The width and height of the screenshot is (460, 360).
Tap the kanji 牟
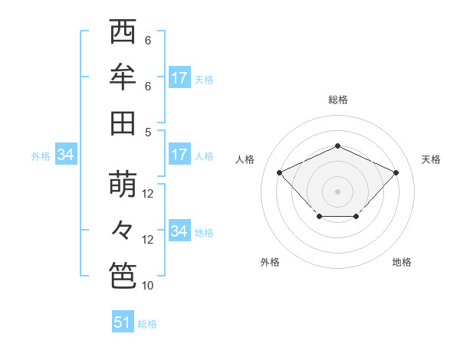123,78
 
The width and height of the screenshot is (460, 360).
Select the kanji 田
123,123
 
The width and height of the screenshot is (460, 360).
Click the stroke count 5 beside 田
148,132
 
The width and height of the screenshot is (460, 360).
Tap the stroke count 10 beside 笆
148,286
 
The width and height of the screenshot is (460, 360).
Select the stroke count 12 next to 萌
149,194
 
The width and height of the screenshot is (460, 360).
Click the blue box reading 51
123,322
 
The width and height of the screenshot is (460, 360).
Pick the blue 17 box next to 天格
179,78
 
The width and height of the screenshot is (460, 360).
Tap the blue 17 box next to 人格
179,155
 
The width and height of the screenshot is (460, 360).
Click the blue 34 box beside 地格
179,231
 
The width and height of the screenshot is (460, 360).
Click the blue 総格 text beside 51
147,324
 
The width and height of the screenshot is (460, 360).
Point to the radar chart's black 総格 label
337,100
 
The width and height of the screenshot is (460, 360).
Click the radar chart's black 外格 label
270,262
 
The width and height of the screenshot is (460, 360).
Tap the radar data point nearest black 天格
396,172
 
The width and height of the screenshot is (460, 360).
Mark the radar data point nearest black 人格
280,172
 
